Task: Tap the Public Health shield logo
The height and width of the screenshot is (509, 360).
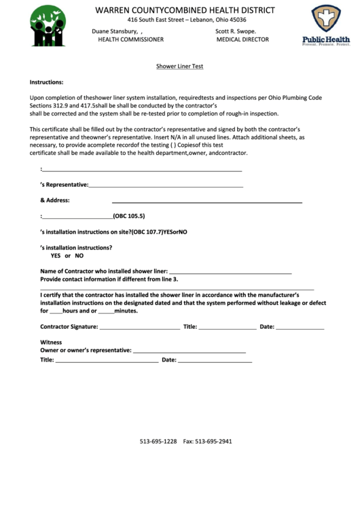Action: (x=325, y=26)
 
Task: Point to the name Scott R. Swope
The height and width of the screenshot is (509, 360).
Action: (x=236, y=31)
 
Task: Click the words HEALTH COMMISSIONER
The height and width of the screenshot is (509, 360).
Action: (x=131, y=39)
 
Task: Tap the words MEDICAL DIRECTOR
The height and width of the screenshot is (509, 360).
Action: (x=242, y=39)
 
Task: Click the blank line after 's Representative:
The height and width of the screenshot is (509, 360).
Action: (x=166, y=185)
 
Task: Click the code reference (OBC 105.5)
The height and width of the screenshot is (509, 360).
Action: (x=129, y=217)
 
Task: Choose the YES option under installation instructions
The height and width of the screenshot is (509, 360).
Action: (x=56, y=256)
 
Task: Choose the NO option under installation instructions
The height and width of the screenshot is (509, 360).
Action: (x=79, y=256)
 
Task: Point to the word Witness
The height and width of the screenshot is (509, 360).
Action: (x=51, y=342)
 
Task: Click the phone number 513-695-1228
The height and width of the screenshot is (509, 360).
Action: (x=158, y=441)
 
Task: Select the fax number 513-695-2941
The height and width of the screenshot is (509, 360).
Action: (x=214, y=441)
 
